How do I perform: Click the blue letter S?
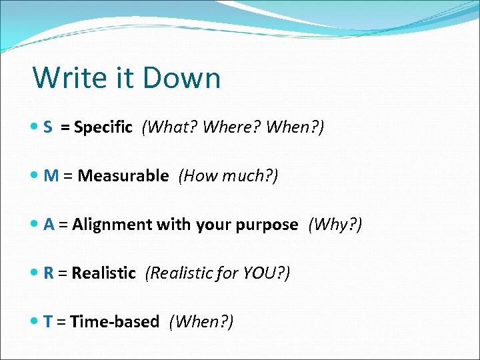48,127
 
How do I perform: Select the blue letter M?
51,176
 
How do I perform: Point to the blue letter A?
49,225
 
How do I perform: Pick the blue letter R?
49,273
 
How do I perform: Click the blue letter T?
48,321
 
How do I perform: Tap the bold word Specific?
103,127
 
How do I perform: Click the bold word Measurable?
123,176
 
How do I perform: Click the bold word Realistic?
103,273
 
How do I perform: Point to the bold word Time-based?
115,321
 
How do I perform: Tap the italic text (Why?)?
335,225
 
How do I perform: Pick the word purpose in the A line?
263,225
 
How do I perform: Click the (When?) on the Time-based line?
201,321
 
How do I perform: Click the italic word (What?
167,127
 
